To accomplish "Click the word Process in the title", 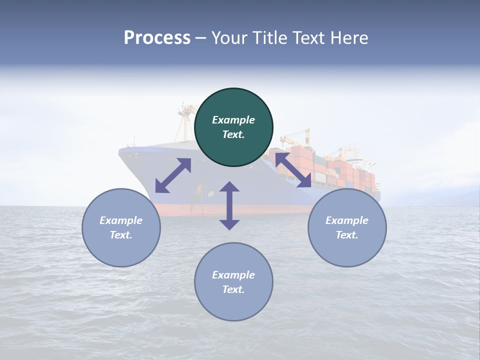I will pyautogui.click(x=157, y=38).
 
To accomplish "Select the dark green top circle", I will pyautogui.click(x=233, y=127).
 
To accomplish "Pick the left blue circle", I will pyautogui.click(x=121, y=227).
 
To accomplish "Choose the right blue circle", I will pyautogui.click(x=347, y=227).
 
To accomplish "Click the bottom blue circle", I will pyautogui.click(x=233, y=282).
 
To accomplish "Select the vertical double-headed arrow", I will pyautogui.click(x=229, y=205).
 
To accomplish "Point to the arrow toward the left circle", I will pyautogui.click(x=173, y=175).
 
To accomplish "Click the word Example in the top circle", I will pyautogui.click(x=233, y=120).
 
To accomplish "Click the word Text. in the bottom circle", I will pyautogui.click(x=233, y=289).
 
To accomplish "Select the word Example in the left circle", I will pyautogui.click(x=121, y=220).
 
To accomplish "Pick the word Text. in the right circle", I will pyautogui.click(x=347, y=235).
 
